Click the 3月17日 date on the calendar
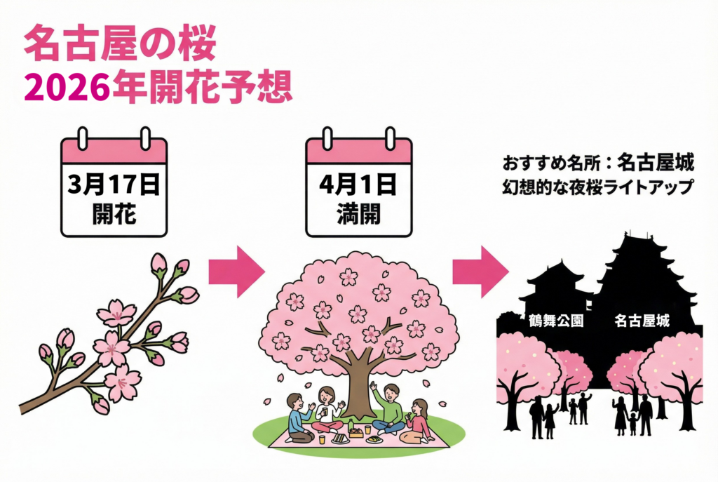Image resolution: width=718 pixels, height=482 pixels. [114, 185]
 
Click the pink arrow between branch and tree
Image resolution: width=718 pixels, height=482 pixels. [236, 271]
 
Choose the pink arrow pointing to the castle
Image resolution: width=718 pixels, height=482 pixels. [480, 271]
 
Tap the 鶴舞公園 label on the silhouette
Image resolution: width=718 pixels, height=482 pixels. [555, 321]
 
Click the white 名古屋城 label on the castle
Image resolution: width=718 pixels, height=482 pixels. [641, 321]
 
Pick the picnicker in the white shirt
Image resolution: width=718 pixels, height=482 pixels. [328, 410]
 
